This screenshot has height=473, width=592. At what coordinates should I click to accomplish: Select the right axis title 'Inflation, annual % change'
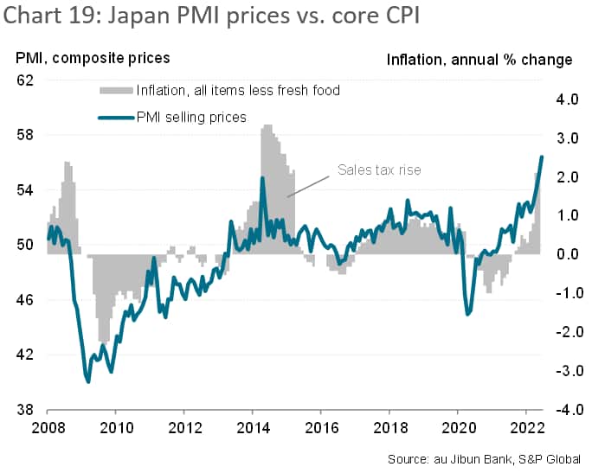(x=479, y=60)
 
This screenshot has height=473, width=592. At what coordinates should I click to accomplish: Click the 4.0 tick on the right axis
(x=567, y=99)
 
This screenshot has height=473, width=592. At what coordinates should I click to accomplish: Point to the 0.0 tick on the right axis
(x=567, y=254)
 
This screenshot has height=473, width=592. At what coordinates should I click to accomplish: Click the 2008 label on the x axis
(x=48, y=426)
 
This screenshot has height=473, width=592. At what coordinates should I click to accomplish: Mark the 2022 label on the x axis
(x=526, y=426)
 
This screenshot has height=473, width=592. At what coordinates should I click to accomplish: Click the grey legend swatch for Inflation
(x=115, y=90)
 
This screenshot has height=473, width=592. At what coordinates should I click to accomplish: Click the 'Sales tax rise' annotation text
(x=379, y=170)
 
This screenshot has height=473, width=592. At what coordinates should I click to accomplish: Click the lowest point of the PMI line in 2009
(x=87, y=381)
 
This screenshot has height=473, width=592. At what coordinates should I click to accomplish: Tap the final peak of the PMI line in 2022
(x=542, y=157)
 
